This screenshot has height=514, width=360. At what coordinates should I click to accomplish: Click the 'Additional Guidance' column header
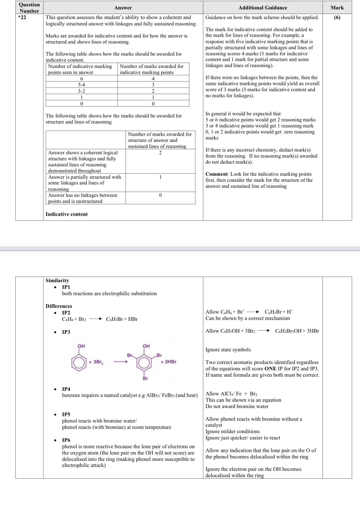263,8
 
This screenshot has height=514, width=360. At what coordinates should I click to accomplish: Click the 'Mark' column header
337,8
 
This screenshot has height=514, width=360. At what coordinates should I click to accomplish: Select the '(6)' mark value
337,18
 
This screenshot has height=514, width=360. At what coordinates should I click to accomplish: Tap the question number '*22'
22,17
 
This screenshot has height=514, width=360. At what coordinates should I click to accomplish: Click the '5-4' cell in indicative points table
82,85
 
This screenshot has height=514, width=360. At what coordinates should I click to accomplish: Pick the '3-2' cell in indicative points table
82,91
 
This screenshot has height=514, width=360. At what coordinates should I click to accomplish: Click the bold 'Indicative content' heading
66,214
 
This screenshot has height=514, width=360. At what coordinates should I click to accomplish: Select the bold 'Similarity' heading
57,280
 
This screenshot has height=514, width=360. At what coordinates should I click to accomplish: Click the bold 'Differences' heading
59,306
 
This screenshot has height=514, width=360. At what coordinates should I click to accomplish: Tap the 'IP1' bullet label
66,287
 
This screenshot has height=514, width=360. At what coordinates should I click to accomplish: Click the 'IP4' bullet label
66,389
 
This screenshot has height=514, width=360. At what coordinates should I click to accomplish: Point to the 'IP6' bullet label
66,440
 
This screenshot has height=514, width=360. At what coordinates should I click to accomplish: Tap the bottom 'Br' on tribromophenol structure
145,378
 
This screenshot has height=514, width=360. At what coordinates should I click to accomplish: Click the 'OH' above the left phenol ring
81,346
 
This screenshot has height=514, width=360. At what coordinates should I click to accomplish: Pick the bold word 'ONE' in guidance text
270,369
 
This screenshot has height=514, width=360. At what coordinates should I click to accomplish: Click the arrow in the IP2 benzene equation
96,319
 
